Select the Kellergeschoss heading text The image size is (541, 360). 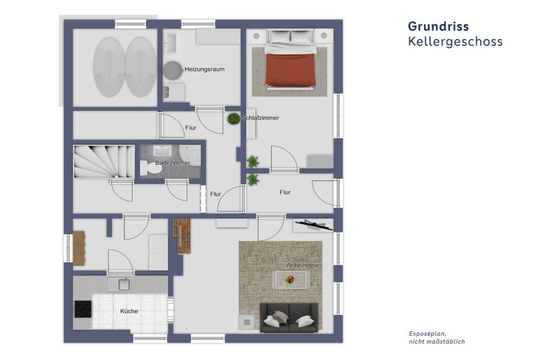point(455,42)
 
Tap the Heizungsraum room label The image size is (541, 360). point(204,69)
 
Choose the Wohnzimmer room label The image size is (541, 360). point(304,265)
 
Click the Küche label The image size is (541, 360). point(129,311)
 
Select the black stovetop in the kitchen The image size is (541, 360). point(82,309)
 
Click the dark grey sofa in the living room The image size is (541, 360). point(289,318)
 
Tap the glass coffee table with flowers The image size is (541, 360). point(291,279)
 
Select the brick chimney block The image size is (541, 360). point(182,235)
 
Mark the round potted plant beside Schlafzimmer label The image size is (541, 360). point(234,118)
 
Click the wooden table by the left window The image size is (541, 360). point(79,248)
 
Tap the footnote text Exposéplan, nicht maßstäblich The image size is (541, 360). point(437,337)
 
